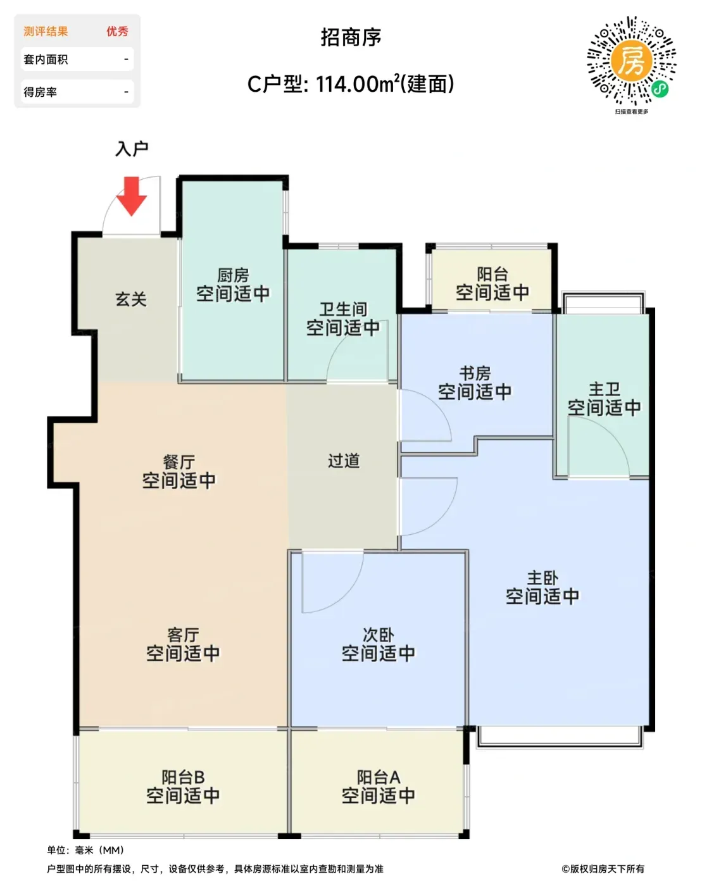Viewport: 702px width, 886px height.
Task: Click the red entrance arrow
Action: coord(132,196)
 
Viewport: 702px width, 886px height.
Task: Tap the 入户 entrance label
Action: coord(132,149)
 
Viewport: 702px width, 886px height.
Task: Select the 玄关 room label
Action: coord(131,299)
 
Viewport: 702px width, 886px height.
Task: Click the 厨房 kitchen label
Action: coord(233,275)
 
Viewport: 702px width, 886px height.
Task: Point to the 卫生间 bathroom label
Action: coord(343,309)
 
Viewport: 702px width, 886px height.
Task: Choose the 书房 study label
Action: coord(475,373)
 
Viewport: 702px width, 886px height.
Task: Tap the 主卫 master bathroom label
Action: coord(605,389)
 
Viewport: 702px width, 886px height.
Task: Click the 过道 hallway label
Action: coord(344,461)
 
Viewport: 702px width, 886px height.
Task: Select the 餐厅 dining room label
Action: coord(179,462)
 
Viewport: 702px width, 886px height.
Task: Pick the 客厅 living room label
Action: coord(184,635)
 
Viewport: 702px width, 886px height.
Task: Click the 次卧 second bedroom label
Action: coord(378,635)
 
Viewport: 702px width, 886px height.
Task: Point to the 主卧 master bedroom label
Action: coord(542,578)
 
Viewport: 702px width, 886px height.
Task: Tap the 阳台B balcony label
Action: coord(183,777)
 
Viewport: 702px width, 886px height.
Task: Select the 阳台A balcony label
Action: coord(378,777)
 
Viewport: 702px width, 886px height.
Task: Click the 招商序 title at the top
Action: coord(351,37)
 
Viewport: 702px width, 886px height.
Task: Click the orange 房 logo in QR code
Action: coord(632,61)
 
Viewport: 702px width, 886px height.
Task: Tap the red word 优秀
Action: coord(117,31)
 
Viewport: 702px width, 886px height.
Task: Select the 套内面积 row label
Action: coord(46,59)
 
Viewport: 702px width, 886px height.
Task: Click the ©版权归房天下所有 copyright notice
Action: coord(603,869)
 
